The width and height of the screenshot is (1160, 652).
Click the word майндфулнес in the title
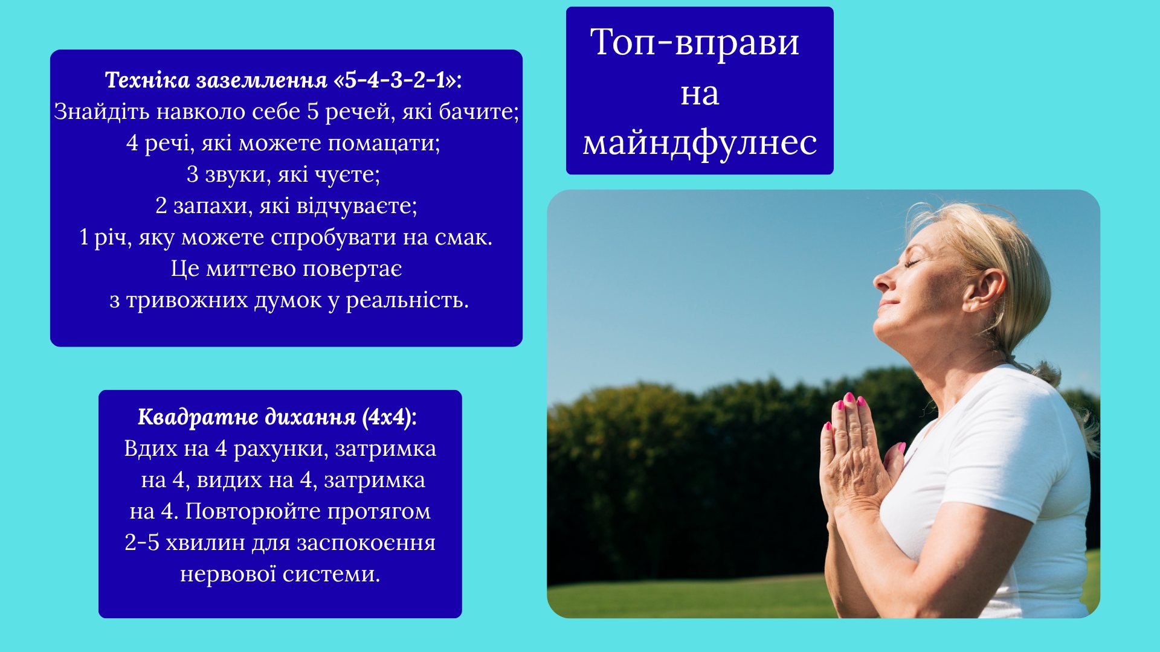[x=700, y=144]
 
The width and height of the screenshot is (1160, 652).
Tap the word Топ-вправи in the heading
[x=695, y=42]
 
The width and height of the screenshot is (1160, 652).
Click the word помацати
[x=384, y=143]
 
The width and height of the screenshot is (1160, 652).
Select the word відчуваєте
[x=356, y=206]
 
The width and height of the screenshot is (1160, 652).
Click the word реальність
[x=407, y=300]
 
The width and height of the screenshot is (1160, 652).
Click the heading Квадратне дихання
[x=247, y=417]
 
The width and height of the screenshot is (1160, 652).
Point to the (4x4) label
[x=390, y=417]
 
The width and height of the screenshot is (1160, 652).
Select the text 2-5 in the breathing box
[x=142, y=543]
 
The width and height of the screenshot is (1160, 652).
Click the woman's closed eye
[x=912, y=263]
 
